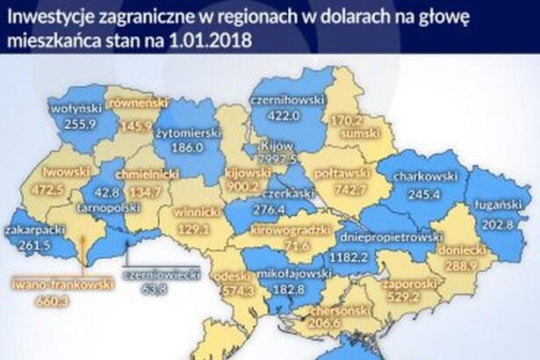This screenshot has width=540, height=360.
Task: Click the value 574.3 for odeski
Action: pyautogui.click(x=233, y=290)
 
